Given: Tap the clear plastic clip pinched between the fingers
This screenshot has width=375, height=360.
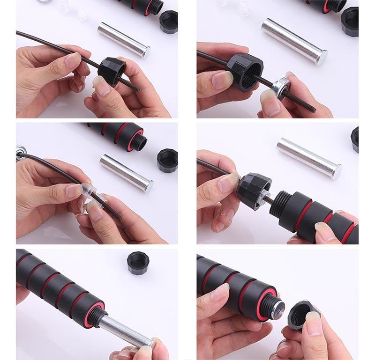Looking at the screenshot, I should [89, 192].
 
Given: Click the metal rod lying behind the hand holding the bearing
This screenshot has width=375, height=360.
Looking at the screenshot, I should [294, 42].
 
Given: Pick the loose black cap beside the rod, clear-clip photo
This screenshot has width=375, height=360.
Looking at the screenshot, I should [167, 160].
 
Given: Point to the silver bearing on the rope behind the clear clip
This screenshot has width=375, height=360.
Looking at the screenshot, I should [20, 151].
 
